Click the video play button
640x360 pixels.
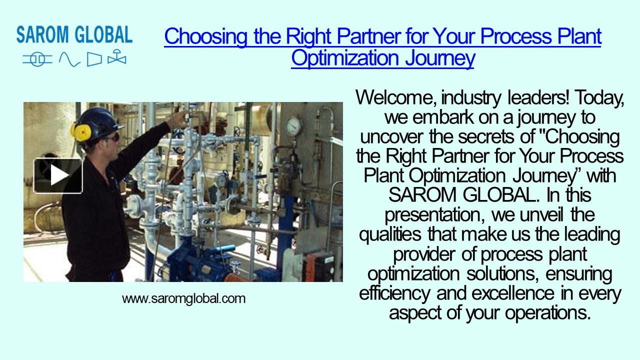coord(58,175)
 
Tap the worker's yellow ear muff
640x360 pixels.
coord(81,131)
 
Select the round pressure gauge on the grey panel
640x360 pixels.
coord(294,125)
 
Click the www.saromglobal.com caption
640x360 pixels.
coord(183,299)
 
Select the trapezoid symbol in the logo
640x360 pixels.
coord(94,59)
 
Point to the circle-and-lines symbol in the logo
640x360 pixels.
coord(37,59)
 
